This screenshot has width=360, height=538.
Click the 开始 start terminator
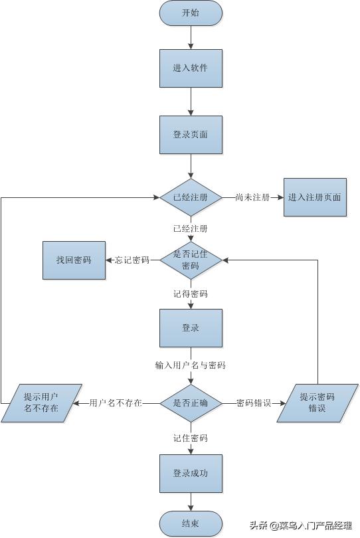pyautogui.click(x=191, y=13)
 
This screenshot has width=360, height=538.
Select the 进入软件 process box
pyautogui.click(x=191, y=68)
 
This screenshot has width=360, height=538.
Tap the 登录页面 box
pyautogui.click(x=191, y=134)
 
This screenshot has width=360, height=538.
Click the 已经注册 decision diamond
pyautogui.click(x=191, y=197)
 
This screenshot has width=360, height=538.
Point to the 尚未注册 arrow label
pyautogui.click(x=252, y=197)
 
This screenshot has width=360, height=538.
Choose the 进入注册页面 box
pyautogui.click(x=315, y=197)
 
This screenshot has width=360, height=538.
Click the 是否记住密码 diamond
pyautogui.click(x=191, y=260)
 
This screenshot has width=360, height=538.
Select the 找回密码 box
pyautogui.click(x=74, y=260)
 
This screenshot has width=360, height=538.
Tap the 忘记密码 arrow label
pyautogui.click(x=132, y=260)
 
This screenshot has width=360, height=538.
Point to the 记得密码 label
pyautogui.click(x=191, y=293)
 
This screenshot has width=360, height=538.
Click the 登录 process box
pyautogui.click(x=191, y=328)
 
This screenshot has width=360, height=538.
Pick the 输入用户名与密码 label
pyautogui.click(x=191, y=365)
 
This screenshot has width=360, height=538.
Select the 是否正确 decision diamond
pyautogui.click(x=191, y=403)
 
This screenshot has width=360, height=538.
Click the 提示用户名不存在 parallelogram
pyautogui.click(x=41, y=403)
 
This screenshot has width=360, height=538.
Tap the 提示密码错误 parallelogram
pyautogui.click(x=317, y=403)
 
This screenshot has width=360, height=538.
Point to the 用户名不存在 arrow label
pyautogui.click(x=116, y=403)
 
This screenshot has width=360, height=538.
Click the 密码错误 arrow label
pyautogui.click(x=254, y=403)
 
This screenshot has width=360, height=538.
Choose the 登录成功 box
pyautogui.click(x=191, y=473)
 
